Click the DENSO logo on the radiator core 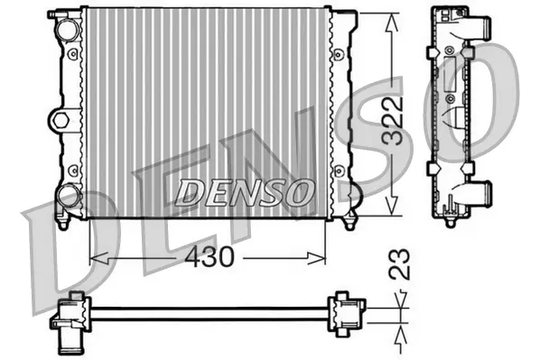(244, 191)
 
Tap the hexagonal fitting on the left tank (61, 118)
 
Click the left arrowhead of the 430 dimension (97, 258)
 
